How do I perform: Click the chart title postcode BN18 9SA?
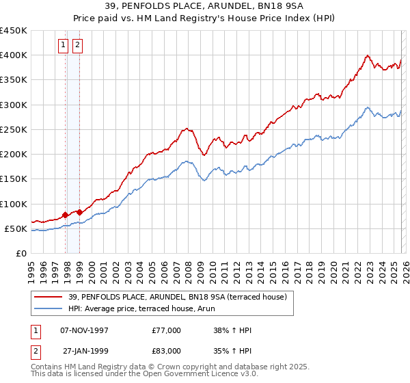point(254,6)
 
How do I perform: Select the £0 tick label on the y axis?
point(21,253)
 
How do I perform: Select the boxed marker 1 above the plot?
point(63,46)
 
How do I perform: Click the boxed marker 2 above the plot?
point(77,46)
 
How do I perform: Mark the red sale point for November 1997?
point(66,215)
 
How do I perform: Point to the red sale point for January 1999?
point(80,212)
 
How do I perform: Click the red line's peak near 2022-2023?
point(368,56)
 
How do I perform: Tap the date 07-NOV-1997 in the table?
point(85,330)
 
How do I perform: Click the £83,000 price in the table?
point(167,351)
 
